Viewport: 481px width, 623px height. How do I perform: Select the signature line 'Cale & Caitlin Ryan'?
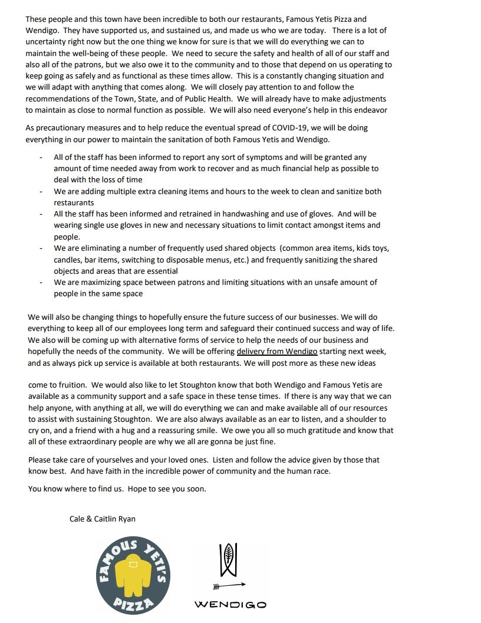tap(103, 519)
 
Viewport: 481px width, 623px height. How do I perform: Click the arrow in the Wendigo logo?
tap(229, 585)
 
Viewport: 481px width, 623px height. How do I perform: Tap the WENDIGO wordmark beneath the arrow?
tap(230, 604)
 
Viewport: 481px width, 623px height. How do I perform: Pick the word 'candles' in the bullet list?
tap(68, 260)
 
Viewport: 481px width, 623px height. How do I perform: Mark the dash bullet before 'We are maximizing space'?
tap(41, 283)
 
